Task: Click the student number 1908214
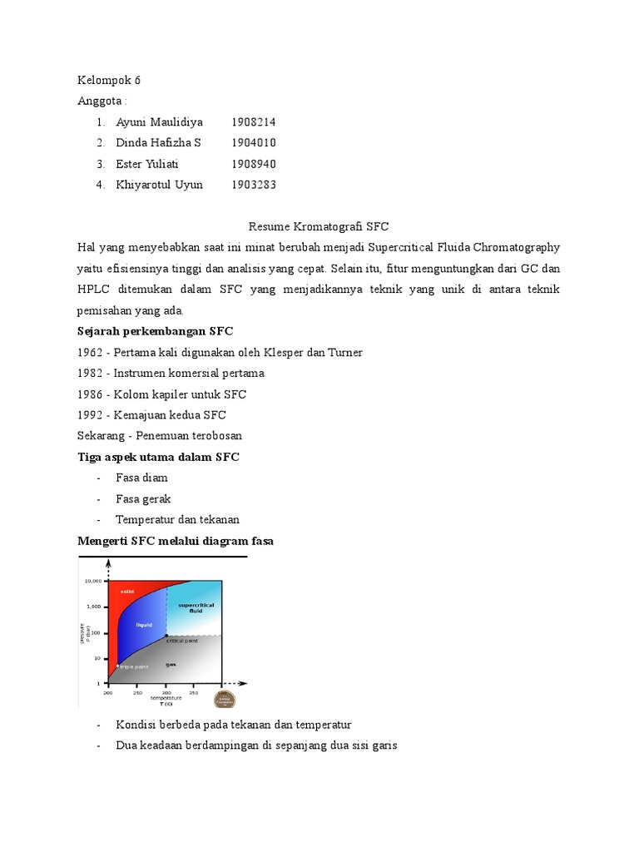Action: point(253,122)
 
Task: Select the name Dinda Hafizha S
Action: point(158,143)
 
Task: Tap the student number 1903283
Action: point(253,185)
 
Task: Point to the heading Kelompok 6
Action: point(109,81)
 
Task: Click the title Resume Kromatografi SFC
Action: point(319,226)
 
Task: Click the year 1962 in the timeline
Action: point(92,352)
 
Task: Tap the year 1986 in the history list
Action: point(92,394)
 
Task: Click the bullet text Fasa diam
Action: point(141,478)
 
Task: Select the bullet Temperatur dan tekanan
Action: point(177,519)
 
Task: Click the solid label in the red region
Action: point(126,592)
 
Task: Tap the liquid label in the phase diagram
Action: point(144,624)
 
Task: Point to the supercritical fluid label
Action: point(196,607)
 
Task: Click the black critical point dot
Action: point(166,636)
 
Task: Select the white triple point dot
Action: point(117,665)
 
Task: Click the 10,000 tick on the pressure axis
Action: point(92,581)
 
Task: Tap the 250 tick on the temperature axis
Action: point(137,692)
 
